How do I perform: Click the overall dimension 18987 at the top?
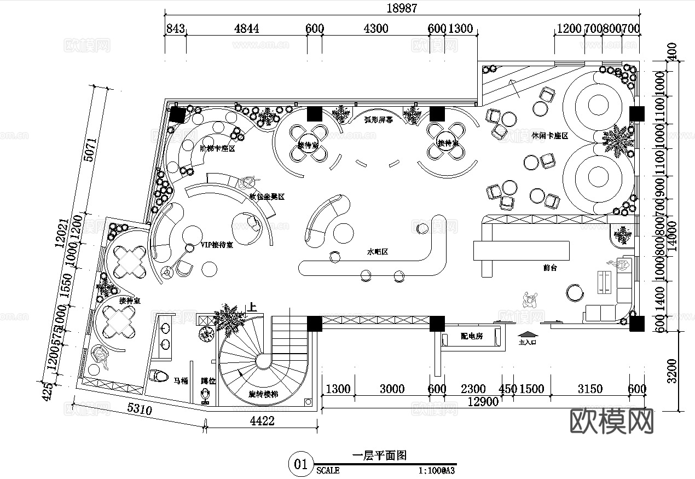point(402,8)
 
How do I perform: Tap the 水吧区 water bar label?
point(377,252)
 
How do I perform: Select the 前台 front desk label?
point(550,268)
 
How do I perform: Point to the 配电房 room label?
point(471,336)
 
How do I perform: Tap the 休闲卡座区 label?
point(549,135)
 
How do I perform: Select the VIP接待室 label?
point(217,245)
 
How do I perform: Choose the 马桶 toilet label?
point(181,380)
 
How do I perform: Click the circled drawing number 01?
point(301,465)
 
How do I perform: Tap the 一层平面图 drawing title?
point(379,455)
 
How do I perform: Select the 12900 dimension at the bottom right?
point(484,402)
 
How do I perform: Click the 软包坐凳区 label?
point(267,197)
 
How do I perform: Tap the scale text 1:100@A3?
point(437,470)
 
